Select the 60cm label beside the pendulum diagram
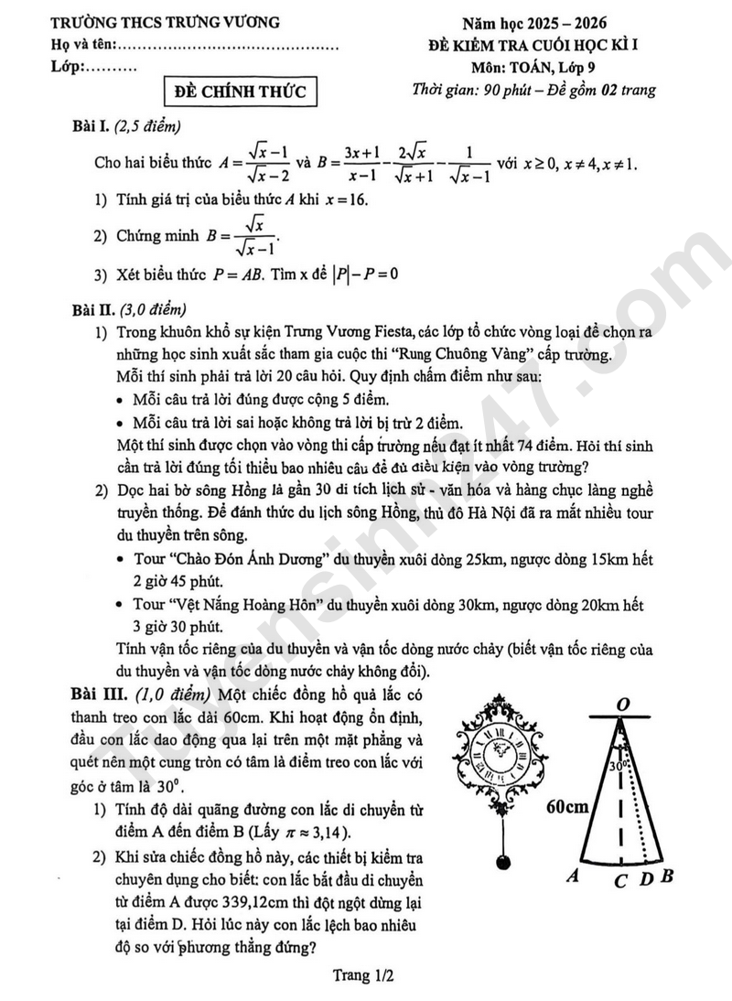567,806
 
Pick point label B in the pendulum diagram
668,877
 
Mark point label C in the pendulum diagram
620,879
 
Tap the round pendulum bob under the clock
500,862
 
